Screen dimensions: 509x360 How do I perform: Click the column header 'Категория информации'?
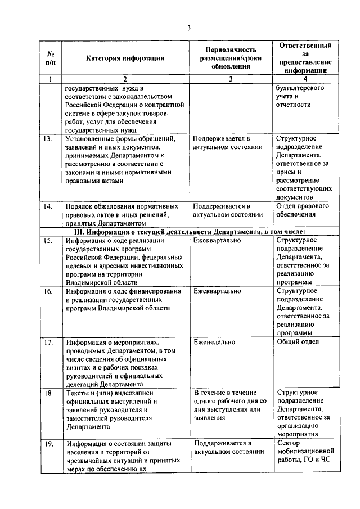125,58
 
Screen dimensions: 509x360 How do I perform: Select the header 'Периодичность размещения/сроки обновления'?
231,58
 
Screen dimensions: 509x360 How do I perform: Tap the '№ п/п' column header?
50,58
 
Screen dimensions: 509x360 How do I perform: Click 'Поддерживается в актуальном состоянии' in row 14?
228,210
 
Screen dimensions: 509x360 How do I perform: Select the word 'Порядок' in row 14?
80,206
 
